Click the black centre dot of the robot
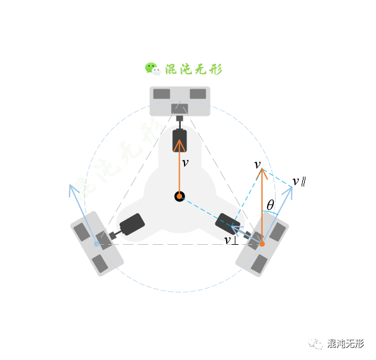[x=180, y=196]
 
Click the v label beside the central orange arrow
[x=185, y=163]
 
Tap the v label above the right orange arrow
[x=258, y=164]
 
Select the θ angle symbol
[x=270, y=205]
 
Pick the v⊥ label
[x=230, y=240]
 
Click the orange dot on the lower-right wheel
[x=262, y=244]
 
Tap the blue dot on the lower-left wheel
[x=97, y=244]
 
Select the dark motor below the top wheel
[x=180, y=140]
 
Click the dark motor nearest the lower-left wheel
[x=131, y=224]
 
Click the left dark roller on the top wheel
[x=162, y=94]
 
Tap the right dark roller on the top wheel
[x=198, y=94]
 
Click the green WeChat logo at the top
[x=152, y=69]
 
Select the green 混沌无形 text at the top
[x=193, y=69]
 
